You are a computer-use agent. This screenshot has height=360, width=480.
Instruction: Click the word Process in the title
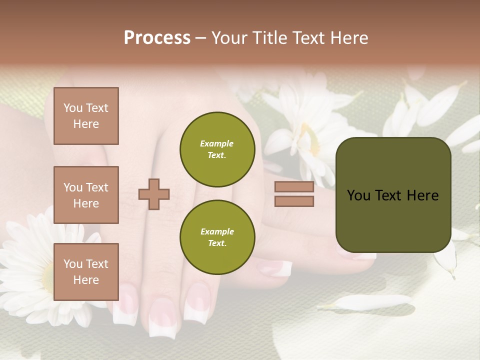click(157, 38)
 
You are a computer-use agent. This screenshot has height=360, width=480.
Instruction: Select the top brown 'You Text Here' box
click(86, 116)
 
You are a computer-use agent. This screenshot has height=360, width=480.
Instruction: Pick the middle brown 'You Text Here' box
click(86, 195)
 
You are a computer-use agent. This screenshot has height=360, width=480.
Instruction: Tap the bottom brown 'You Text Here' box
click(86, 272)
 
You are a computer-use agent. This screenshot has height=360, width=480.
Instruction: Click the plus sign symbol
click(154, 194)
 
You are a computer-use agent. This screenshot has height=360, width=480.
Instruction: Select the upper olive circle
click(217, 149)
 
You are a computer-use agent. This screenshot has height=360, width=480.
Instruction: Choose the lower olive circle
click(217, 237)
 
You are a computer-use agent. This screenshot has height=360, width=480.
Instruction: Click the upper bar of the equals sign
click(294, 187)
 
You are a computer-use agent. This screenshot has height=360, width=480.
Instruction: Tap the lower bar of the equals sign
click(294, 201)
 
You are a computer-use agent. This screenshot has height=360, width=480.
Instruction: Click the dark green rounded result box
click(393, 195)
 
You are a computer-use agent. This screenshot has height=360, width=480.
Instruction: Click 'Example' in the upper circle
click(216, 143)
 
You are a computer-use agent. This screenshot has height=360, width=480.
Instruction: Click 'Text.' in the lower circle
click(217, 243)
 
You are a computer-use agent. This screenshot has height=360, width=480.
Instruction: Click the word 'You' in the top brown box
click(72, 108)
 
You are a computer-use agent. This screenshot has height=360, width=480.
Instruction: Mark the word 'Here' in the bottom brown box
click(86, 280)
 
